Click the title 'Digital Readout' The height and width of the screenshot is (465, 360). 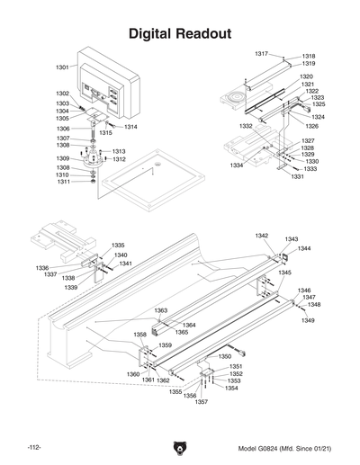coord(180,34)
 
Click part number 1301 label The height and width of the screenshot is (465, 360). coord(62,67)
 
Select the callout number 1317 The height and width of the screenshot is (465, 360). coord(261,54)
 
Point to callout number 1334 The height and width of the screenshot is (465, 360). coord(236,166)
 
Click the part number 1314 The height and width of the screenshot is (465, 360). coord(130,128)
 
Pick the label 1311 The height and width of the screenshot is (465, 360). coord(64,183)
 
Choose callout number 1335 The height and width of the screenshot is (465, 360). coord(118,246)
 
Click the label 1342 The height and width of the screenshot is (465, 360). coord(261,236)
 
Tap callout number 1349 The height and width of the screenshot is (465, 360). coord(308,320)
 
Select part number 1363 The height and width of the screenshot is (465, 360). coord(160,310)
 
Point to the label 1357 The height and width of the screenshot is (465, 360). coord(201,402)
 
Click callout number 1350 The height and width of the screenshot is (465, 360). coord(225,357)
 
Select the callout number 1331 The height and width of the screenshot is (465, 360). coord(297,176)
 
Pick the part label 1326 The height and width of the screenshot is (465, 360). coord(312,126)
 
